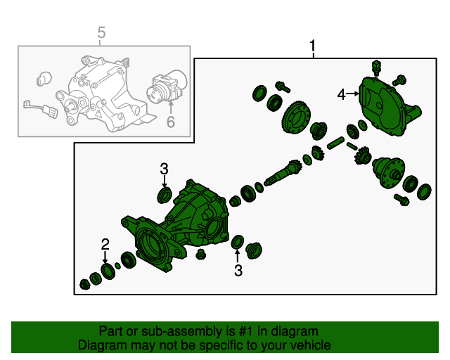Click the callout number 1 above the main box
tap(312, 46)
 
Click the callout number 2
tap(105, 244)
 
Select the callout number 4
tap(341, 95)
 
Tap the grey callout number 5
tap(101, 32)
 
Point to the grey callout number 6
tap(171, 122)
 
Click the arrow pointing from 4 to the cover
tap(353, 94)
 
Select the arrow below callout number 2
tap(105, 257)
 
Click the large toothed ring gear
tap(297, 117)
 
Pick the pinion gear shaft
tap(283, 174)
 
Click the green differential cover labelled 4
tap(387, 106)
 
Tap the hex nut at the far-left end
tap(84, 284)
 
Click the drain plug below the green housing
tap(200, 255)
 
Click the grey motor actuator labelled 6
tap(167, 87)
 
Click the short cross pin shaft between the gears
tap(336, 143)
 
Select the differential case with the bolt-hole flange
tap(389, 173)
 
